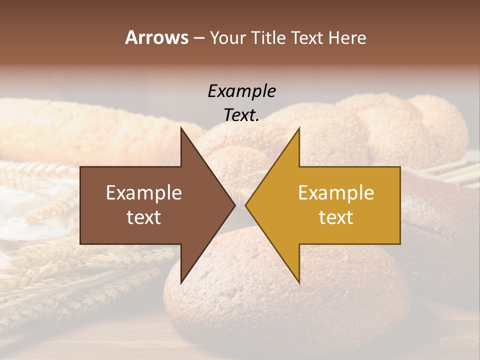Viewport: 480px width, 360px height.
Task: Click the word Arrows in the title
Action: [x=156, y=37]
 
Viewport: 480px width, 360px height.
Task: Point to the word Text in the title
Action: [x=308, y=38]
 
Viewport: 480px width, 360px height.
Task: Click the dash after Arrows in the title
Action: [x=199, y=38]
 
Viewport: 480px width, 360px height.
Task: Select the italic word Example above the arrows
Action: [x=242, y=91]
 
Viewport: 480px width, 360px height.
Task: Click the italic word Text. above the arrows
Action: [x=242, y=115]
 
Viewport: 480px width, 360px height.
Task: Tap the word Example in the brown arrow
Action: [x=144, y=193]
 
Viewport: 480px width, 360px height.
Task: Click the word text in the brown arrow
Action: [x=144, y=217]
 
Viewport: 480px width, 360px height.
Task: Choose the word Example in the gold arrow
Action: [x=336, y=193]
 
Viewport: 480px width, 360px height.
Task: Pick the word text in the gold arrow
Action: [x=336, y=217]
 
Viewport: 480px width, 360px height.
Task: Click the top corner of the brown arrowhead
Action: [x=181, y=128]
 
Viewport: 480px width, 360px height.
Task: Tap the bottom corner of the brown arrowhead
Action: [x=181, y=282]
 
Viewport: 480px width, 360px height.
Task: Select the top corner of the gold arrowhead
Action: [x=299, y=128]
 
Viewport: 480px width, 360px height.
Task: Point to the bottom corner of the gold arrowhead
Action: [x=299, y=282]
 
